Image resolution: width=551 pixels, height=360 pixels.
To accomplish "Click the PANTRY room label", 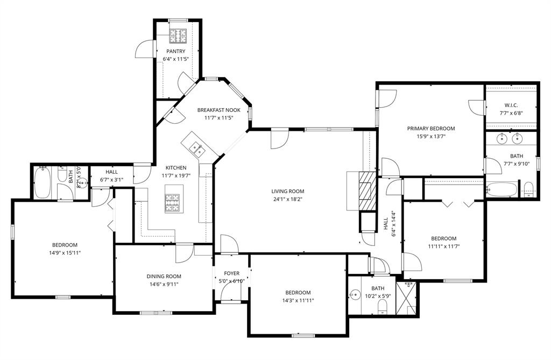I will click(x=175, y=51).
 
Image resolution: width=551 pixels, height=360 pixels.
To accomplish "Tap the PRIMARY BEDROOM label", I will click(x=430, y=129).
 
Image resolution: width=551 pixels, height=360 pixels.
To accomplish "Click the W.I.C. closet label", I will click(x=511, y=105).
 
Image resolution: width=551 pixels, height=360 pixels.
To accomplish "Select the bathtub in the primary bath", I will click(x=501, y=189).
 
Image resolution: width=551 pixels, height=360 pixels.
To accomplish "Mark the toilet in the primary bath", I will click(x=528, y=189).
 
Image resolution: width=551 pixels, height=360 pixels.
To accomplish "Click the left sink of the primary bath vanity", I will click(x=501, y=139).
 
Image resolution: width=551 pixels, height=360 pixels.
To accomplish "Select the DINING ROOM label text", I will click(x=164, y=277).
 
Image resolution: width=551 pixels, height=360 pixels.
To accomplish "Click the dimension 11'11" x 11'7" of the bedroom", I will click(x=443, y=246).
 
